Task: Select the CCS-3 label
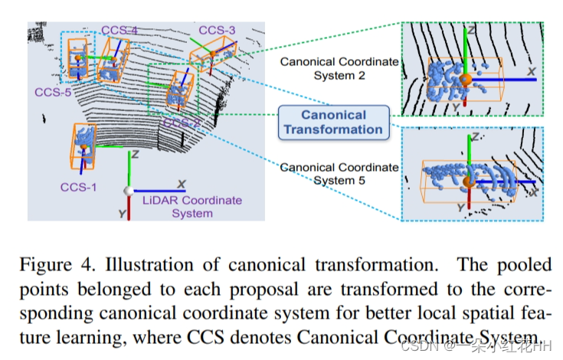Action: point(217,30)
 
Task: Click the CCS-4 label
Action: point(119,30)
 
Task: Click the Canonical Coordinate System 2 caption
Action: point(339,67)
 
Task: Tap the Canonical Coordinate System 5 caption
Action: point(339,174)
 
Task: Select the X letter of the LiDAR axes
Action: point(182,185)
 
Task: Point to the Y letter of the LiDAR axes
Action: point(121,214)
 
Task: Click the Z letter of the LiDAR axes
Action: point(134,154)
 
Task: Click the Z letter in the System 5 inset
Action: point(476,139)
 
